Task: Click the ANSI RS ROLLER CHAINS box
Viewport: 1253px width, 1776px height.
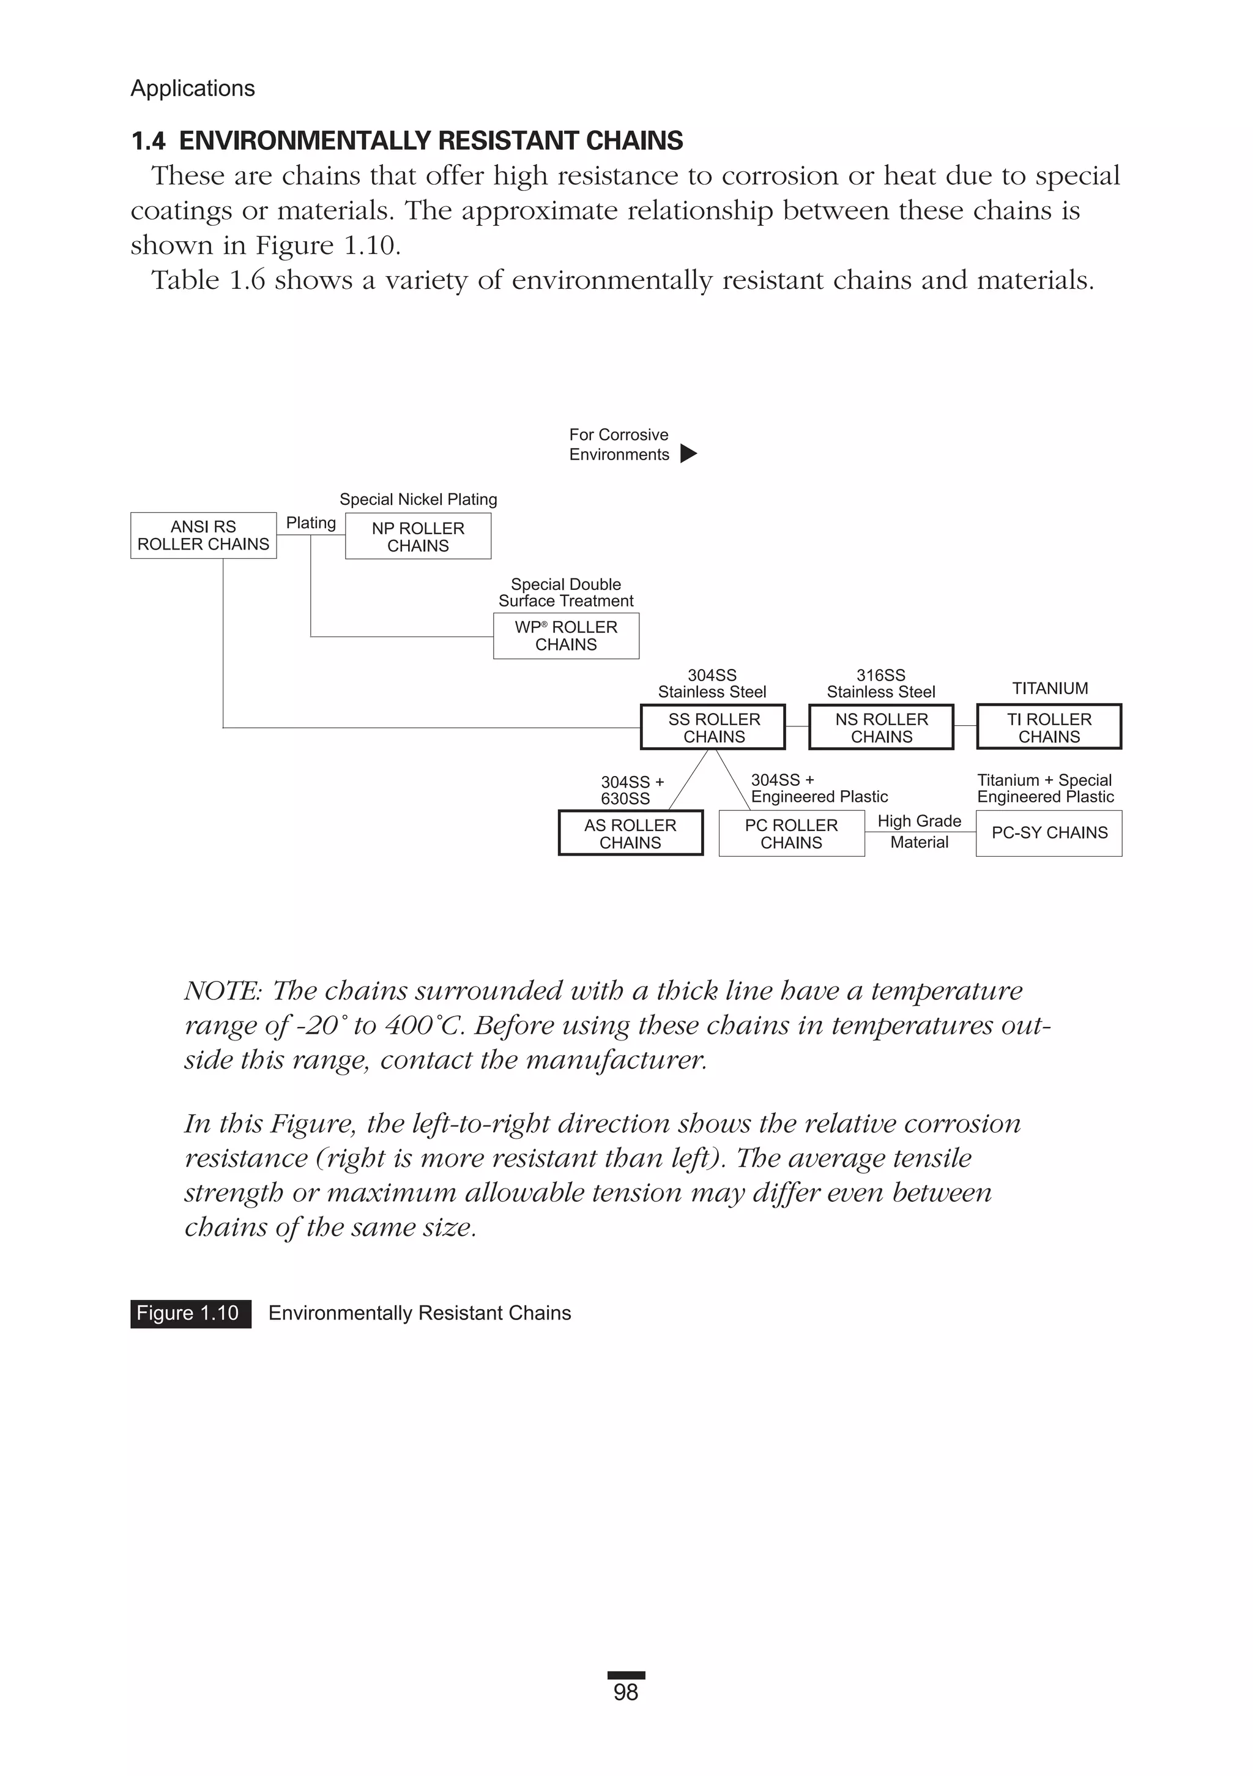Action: tap(203, 535)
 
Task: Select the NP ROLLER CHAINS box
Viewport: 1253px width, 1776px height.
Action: tap(418, 537)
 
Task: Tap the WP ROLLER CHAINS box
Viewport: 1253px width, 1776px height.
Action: tap(566, 636)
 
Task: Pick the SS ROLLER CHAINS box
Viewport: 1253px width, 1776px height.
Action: tap(713, 727)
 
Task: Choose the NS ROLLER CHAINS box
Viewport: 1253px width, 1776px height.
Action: tap(881, 727)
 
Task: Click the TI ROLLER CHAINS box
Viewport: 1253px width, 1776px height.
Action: tap(1049, 727)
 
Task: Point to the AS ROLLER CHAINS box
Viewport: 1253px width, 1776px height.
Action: tap(630, 833)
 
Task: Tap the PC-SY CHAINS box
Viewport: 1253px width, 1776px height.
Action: tap(1049, 833)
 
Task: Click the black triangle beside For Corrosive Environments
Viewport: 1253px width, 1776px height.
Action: tap(688, 453)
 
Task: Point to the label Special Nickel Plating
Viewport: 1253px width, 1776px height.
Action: tap(418, 500)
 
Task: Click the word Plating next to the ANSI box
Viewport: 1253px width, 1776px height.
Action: tap(311, 523)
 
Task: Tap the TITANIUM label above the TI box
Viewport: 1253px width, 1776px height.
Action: tap(1050, 688)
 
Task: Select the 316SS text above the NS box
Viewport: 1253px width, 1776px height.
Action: tap(880, 675)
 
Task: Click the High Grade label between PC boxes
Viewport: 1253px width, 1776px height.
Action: tap(919, 821)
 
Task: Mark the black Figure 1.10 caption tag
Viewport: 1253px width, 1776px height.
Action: tap(190, 1313)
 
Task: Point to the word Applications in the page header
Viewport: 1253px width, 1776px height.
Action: tap(193, 89)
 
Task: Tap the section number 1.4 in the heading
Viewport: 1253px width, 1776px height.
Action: tap(147, 141)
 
